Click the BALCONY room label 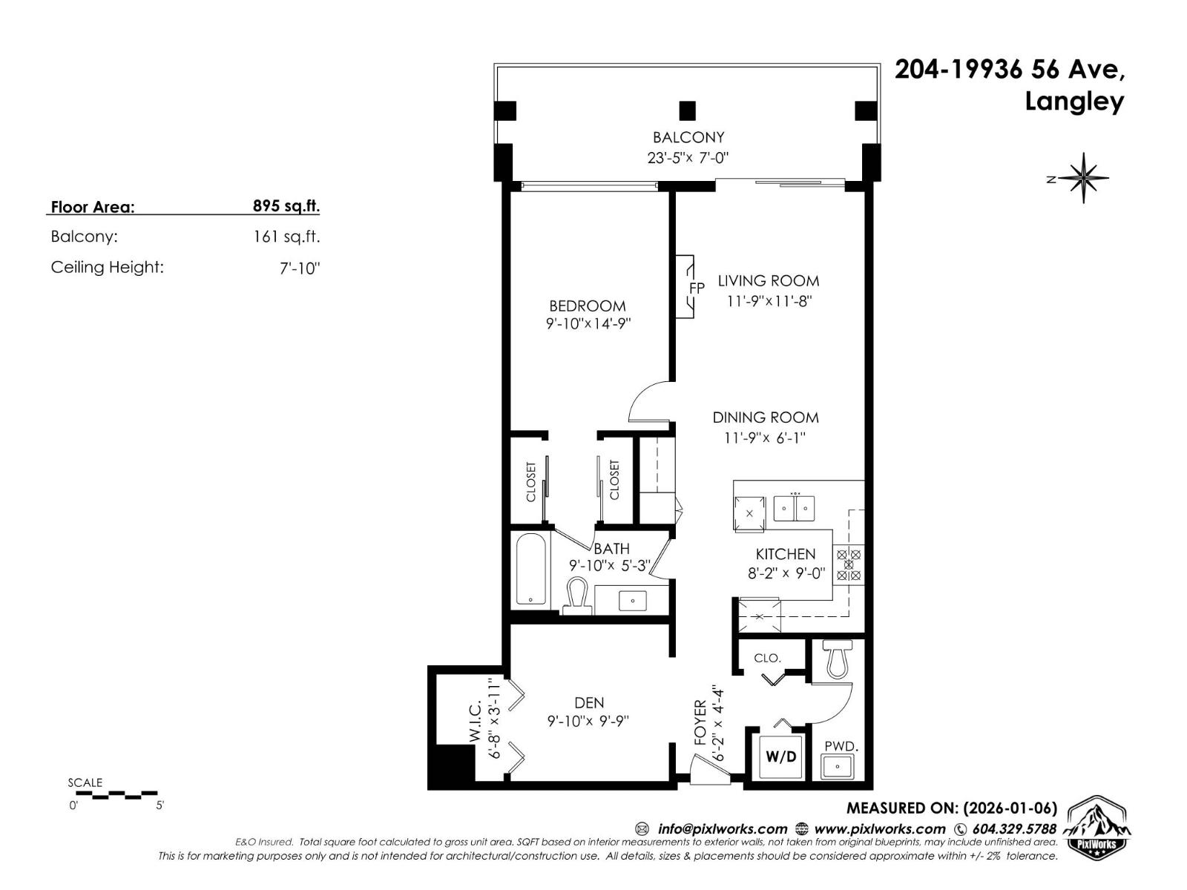[x=688, y=137]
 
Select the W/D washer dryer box [x=780, y=756]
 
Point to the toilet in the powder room [x=838, y=659]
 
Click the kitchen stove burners [x=849, y=564]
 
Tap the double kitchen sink [x=795, y=508]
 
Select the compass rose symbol [x=1084, y=178]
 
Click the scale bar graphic [x=116, y=795]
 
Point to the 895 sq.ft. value [x=286, y=206]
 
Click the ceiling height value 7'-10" [x=299, y=268]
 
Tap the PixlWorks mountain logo [x=1097, y=829]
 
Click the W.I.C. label [x=476, y=720]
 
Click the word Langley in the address [x=1073, y=102]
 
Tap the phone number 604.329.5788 [x=1013, y=829]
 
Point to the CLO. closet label [x=767, y=658]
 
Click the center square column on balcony [x=688, y=111]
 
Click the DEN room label [x=589, y=702]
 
